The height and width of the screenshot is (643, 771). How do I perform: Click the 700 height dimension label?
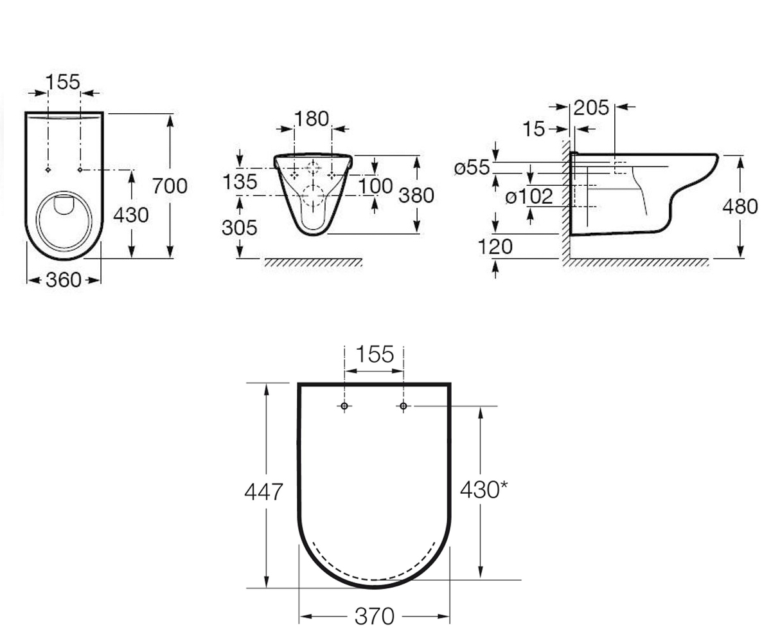tap(170, 186)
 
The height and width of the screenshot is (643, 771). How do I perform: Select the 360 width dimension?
tap(64, 280)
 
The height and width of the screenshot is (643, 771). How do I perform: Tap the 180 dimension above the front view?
tap(312, 119)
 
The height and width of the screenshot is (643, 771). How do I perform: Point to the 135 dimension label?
tap(240, 182)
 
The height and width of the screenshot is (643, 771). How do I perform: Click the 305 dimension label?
tap(239, 228)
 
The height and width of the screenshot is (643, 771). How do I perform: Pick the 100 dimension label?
tap(375, 186)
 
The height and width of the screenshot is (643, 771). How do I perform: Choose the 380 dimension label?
tap(416, 195)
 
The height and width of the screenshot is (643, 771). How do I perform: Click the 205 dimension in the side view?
tap(591, 108)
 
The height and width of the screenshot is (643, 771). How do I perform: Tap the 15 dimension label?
tap(533, 129)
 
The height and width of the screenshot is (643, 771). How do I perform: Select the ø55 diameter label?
tap(472, 167)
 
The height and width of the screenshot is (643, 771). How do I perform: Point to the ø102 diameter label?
tap(529, 196)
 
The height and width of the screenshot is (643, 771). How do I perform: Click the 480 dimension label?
tap(740, 206)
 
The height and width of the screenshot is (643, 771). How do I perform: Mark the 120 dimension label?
tap(495, 246)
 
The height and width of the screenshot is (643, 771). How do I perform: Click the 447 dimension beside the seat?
tap(263, 492)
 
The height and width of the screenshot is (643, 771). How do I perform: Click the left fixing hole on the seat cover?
tap(344, 406)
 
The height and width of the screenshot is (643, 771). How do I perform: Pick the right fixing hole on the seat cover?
tap(403, 406)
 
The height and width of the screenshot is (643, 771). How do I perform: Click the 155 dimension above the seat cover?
tap(375, 354)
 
